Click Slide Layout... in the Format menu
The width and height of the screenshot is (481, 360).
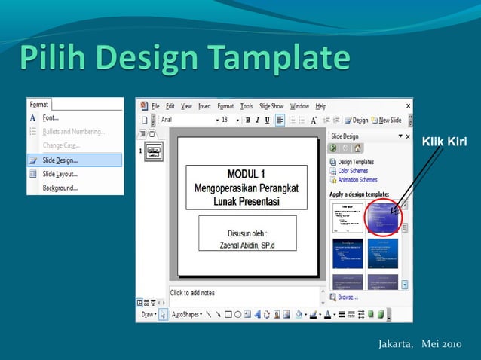pos(60,173)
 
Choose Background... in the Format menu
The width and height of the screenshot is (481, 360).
pos(60,188)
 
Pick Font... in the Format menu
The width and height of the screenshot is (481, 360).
pos(51,117)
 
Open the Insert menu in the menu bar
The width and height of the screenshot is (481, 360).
pos(204,106)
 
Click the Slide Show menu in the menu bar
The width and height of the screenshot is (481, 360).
pos(271,106)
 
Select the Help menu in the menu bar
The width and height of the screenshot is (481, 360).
pos(320,106)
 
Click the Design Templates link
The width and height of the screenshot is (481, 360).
pos(355,162)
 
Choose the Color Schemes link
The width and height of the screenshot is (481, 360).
pos(353,171)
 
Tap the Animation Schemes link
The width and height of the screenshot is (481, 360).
pos(357,180)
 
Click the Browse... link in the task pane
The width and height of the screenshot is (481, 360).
pos(348,297)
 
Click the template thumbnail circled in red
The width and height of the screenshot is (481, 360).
pos(382,217)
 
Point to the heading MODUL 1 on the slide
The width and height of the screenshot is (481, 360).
pos(246,174)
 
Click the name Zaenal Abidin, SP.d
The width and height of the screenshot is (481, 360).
pos(247,244)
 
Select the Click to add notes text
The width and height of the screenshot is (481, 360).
pos(193,293)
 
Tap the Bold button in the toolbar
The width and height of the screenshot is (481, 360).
pos(247,120)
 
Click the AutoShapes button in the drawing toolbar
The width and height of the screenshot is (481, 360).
pos(188,314)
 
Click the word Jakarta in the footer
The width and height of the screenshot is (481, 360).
pos(396,344)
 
